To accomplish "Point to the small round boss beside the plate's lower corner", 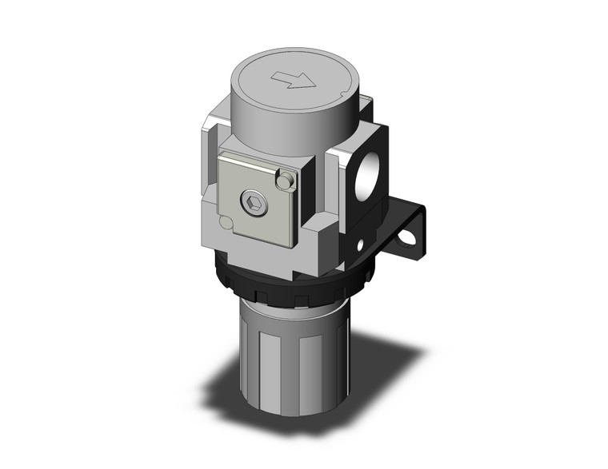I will click(x=226, y=223).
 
